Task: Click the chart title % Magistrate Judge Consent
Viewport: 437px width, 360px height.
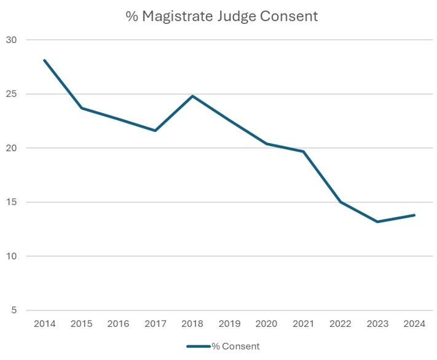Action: click(x=222, y=17)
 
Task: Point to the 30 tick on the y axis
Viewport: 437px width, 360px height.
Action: click(x=12, y=41)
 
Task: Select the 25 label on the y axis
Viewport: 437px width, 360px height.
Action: click(x=12, y=95)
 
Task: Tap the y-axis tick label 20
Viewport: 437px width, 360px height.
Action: click(x=12, y=149)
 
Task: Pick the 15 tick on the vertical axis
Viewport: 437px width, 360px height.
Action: click(x=12, y=203)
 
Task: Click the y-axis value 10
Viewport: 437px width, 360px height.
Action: click(x=12, y=257)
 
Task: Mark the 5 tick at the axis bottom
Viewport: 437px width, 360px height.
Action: click(x=14, y=311)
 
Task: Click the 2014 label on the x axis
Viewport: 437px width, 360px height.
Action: click(x=44, y=324)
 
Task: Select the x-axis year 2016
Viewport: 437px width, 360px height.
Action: click(x=118, y=324)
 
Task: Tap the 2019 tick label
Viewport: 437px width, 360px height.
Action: click(x=229, y=324)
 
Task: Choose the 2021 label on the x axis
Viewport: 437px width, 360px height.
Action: click(x=304, y=324)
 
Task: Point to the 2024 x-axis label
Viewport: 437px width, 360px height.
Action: click(x=414, y=324)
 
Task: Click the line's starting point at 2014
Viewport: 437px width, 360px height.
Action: click(x=44, y=60)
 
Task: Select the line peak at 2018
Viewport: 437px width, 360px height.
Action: click(x=192, y=96)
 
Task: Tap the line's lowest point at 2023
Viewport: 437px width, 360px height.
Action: click(x=377, y=222)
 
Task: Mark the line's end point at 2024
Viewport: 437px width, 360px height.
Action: click(x=414, y=215)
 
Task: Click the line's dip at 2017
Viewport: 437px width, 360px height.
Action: click(x=156, y=130)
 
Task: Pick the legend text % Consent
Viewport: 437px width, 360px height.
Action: click(x=235, y=346)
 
